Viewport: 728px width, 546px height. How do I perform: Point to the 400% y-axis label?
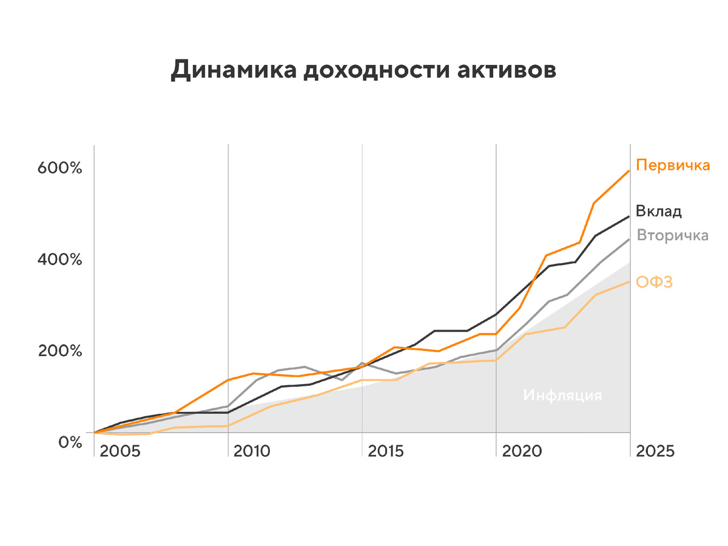(59, 260)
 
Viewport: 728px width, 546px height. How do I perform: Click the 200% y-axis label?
(59, 351)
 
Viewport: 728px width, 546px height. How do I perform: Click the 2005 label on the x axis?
(120, 451)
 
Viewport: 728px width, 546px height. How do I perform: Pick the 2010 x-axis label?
(254, 451)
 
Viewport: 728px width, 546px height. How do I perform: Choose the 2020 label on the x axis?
(522, 451)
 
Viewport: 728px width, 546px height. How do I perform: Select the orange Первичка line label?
(673, 165)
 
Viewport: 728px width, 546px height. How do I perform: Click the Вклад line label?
(659, 211)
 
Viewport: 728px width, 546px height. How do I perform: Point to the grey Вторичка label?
(672, 235)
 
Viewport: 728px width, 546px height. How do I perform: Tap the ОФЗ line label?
(654, 282)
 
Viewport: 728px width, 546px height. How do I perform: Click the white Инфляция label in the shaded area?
(562, 396)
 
